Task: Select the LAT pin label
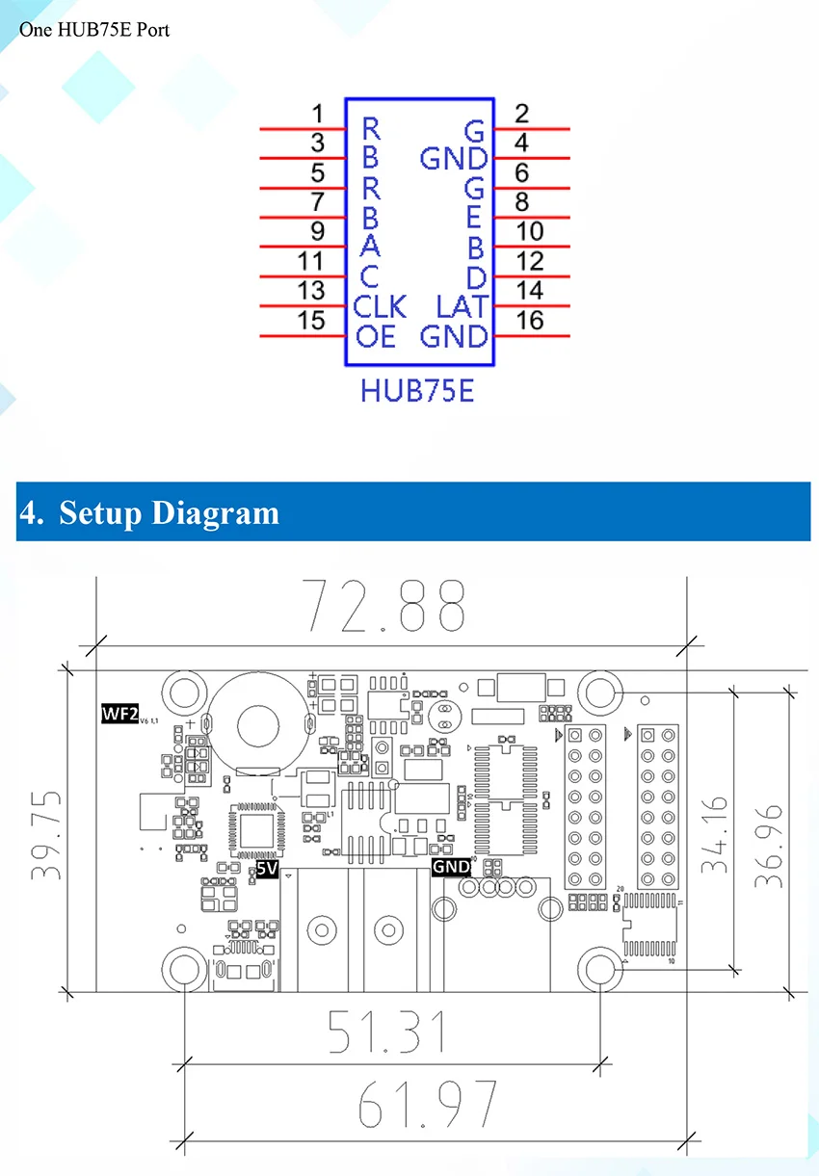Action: (x=462, y=307)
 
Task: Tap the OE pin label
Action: (x=375, y=337)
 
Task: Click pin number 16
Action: (x=530, y=321)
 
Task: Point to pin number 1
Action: (x=318, y=115)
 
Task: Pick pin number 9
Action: (x=318, y=232)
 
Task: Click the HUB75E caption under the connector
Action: (x=417, y=392)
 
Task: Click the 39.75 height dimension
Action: (x=47, y=834)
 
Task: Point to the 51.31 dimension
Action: (x=386, y=1032)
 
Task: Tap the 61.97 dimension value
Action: (x=427, y=1104)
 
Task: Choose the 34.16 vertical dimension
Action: (x=714, y=834)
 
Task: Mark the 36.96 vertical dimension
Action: (x=767, y=834)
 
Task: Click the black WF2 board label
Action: (x=119, y=714)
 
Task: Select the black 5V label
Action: (x=267, y=870)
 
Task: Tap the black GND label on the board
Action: (x=451, y=867)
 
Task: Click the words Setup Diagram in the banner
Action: (x=169, y=512)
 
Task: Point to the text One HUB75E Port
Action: (x=94, y=30)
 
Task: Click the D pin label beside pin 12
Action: (x=475, y=278)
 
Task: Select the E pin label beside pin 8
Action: (x=474, y=218)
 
